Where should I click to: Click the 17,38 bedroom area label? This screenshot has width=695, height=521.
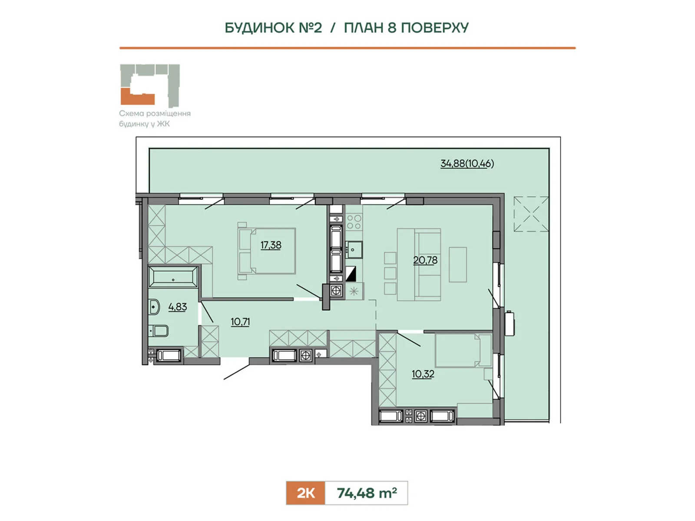pos(271,245)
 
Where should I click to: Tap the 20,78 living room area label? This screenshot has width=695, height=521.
pos(425,260)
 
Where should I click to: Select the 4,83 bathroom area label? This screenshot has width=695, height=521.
pos(178,307)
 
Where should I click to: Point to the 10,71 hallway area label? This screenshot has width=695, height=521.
pos(240,322)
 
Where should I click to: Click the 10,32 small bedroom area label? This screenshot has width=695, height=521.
pos(423,374)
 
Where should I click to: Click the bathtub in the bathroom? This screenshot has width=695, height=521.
pos(173,277)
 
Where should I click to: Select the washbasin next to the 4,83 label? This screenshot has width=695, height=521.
pos(154,307)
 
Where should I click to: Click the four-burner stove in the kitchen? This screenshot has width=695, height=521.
pos(354,222)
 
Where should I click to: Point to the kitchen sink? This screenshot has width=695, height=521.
pos(354,250)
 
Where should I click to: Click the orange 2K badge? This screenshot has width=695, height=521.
pos(305,493)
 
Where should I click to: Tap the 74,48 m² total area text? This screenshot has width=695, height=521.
pos(367,493)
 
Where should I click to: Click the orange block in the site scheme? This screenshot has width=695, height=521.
pos(137,98)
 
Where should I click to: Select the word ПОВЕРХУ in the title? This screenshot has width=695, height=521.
pos(434,28)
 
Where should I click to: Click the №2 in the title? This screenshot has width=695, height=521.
pos(310,28)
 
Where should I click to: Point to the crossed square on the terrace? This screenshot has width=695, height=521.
pos(531,214)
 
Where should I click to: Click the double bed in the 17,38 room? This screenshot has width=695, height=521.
pos(267,251)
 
